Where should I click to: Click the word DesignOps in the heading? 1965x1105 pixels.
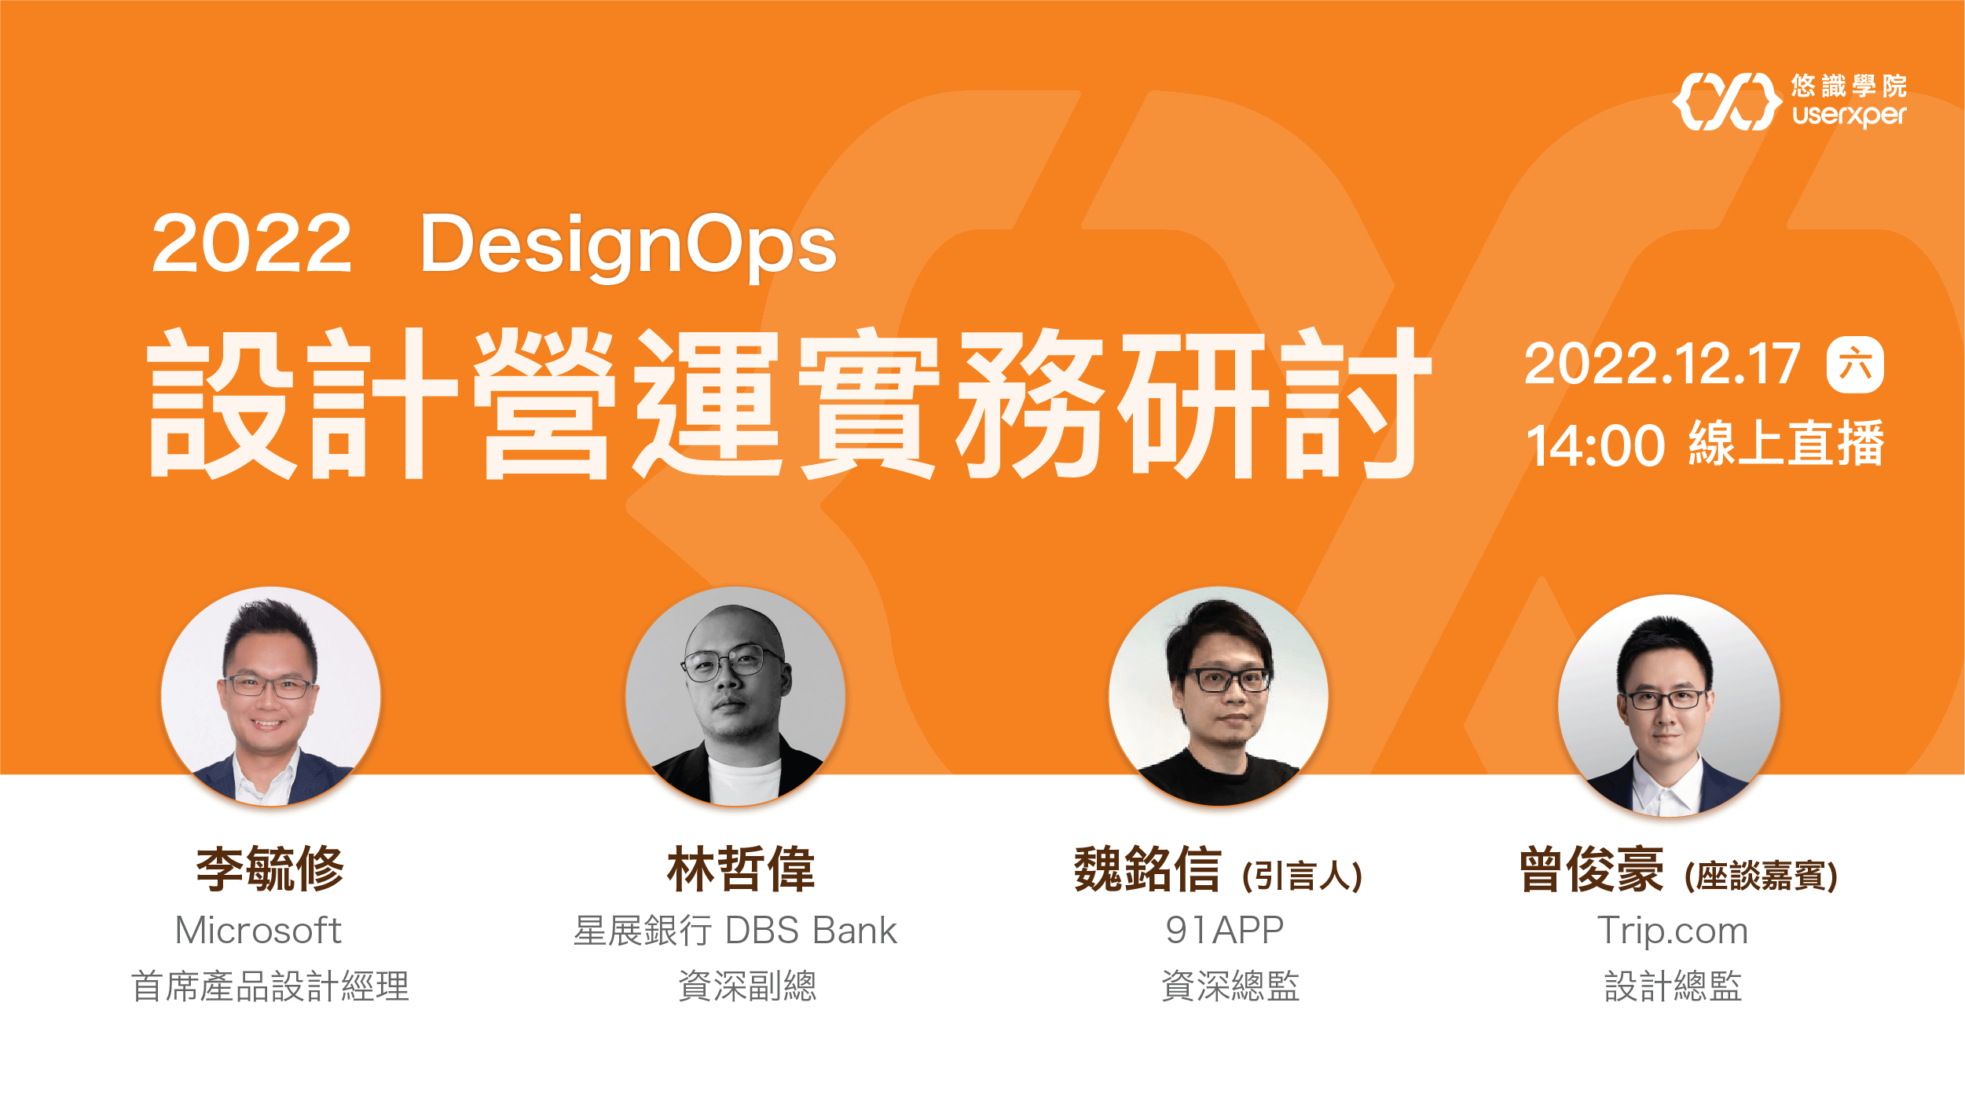(628, 245)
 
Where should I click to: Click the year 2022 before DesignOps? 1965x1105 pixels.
(251, 245)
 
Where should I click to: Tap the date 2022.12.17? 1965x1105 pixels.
(1662, 364)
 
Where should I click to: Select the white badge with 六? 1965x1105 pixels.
(1855, 365)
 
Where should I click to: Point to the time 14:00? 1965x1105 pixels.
(1595, 446)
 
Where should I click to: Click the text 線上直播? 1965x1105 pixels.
(1786, 445)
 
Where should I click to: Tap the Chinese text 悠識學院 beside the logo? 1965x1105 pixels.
(1849, 86)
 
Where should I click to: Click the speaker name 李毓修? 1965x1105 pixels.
(270, 869)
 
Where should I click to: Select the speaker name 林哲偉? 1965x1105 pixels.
(741, 869)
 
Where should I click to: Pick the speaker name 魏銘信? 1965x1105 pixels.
(1147, 869)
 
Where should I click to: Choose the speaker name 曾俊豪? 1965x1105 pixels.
(1591, 869)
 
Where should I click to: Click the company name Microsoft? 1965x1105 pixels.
(258, 931)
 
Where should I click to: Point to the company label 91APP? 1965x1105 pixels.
(1224, 931)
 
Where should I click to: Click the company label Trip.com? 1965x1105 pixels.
(1673, 931)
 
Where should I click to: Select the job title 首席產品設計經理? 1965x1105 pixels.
(270, 986)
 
